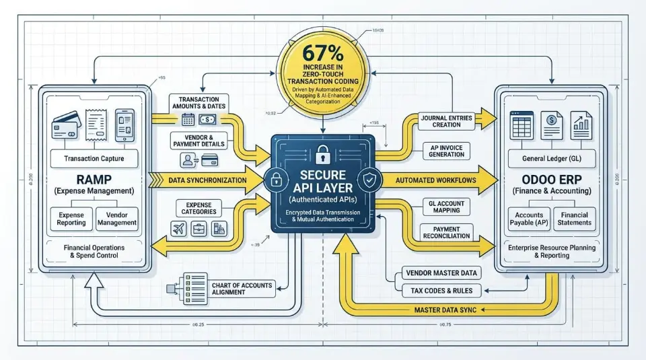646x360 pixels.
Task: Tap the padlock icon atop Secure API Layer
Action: tap(322, 154)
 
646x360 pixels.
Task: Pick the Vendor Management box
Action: tap(116, 217)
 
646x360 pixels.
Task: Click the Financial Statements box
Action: tap(575, 218)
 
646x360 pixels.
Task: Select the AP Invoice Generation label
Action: tap(446, 150)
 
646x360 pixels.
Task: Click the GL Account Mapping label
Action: tap(446, 206)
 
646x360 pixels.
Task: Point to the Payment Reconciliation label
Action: tap(447, 233)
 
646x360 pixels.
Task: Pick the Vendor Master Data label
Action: tap(441, 273)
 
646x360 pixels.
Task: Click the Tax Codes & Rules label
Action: tap(441, 291)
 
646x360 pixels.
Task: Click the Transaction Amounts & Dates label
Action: tap(199, 103)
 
